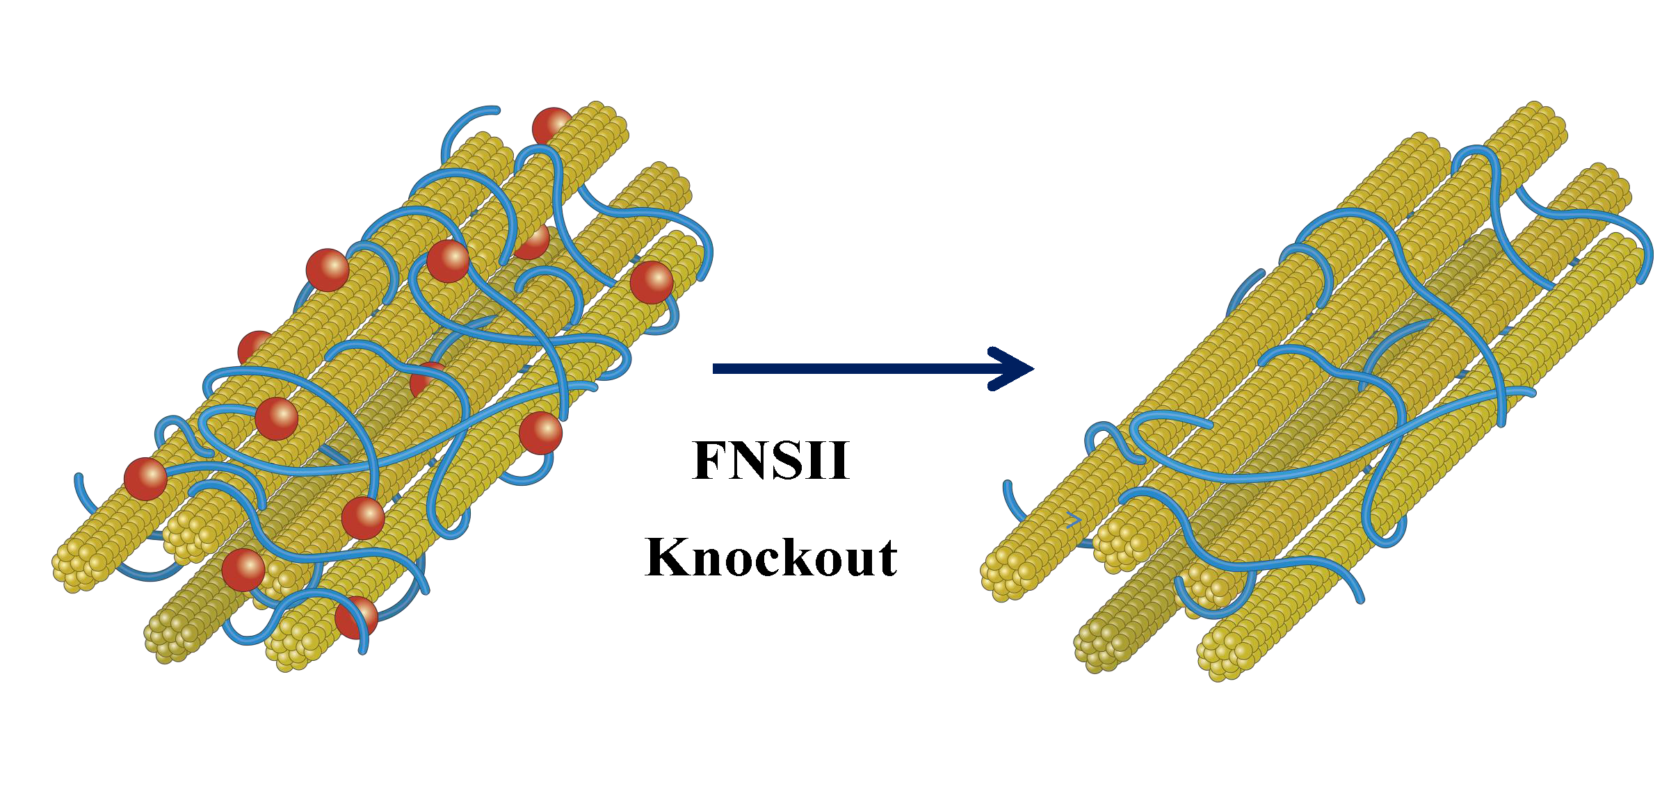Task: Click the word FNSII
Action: click(x=771, y=460)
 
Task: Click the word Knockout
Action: click(x=771, y=558)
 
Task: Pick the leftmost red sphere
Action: click(x=145, y=479)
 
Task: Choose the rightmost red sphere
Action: click(x=652, y=282)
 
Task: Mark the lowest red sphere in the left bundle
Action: click(x=356, y=617)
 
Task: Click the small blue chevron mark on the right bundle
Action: click(x=1074, y=520)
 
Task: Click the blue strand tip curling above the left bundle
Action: click(x=495, y=110)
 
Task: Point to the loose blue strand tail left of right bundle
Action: click(x=1007, y=484)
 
